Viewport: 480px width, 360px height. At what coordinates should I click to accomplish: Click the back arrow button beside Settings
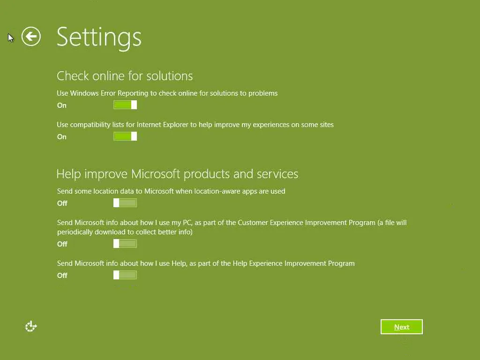point(31,37)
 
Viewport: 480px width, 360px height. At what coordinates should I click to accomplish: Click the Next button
point(401,327)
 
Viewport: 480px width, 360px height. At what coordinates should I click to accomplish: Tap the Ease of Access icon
point(30,327)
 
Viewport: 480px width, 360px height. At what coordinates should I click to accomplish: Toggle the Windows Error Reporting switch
point(125,105)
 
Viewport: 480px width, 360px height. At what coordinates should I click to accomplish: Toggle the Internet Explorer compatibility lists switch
point(125,136)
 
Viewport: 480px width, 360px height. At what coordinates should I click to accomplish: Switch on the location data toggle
point(125,202)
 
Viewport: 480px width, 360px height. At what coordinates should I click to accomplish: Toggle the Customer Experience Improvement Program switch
point(125,244)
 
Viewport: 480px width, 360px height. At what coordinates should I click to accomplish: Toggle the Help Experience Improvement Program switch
point(125,275)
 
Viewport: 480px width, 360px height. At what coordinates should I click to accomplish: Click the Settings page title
point(99,38)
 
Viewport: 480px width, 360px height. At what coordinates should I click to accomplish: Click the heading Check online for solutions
point(125,76)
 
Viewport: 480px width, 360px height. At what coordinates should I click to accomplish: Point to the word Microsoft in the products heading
point(156,174)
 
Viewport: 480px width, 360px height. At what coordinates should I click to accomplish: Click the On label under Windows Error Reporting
point(61,105)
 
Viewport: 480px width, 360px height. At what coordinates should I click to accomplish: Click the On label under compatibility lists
point(61,137)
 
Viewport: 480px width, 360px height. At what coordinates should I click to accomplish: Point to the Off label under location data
point(62,203)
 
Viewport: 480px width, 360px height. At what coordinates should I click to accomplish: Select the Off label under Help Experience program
point(62,276)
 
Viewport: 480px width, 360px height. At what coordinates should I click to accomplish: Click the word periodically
point(75,232)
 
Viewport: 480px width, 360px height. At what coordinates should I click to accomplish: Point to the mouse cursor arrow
point(11,37)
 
